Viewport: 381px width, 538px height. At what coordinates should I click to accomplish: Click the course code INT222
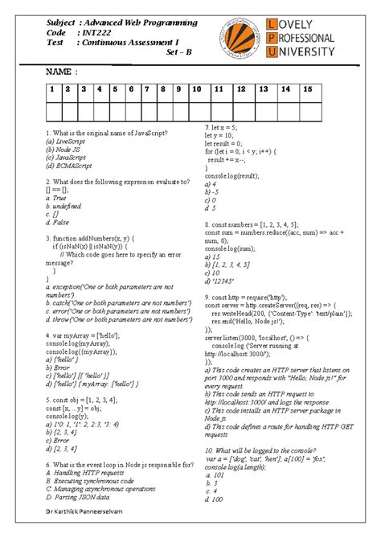pyautogui.click(x=96, y=32)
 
